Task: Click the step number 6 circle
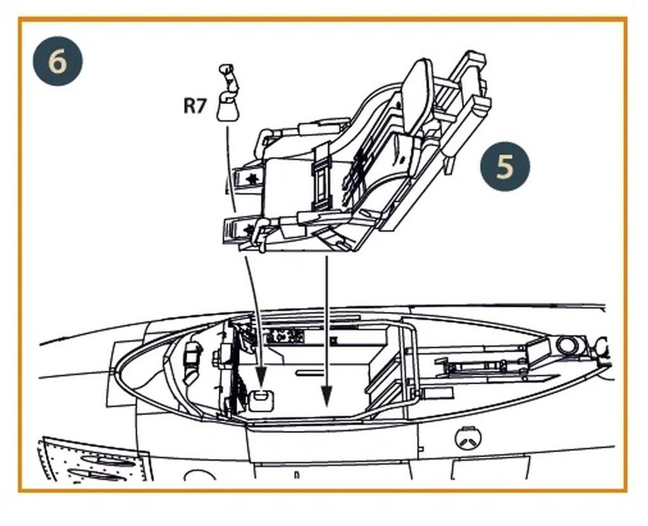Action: tap(58, 61)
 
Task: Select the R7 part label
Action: tap(195, 106)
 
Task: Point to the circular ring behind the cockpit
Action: tap(568, 346)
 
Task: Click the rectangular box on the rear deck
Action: tap(539, 351)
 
